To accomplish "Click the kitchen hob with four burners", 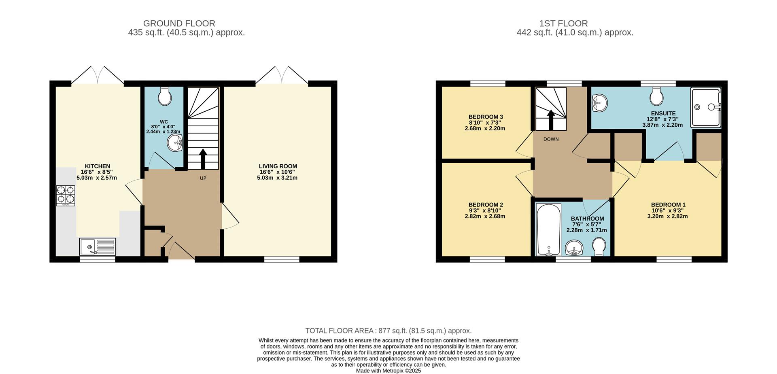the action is [x=66, y=195].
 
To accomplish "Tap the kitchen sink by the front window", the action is [x=97, y=246].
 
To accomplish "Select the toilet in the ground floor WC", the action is [x=165, y=96].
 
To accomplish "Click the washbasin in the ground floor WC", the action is [x=175, y=143].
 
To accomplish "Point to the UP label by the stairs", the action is [x=203, y=178].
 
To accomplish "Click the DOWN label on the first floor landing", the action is [x=551, y=139].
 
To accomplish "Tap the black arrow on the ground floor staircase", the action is [x=203, y=159].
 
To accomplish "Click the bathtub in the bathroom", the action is [x=548, y=229].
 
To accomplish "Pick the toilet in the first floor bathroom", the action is [x=599, y=246].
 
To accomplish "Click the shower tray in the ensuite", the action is [x=706, y=107].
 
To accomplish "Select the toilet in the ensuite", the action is [x=656, y=96].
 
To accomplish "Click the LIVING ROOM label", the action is [x=278, y=166].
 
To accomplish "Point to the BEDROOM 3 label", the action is [x=486, y=117].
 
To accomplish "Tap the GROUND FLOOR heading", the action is [x=179, y=23].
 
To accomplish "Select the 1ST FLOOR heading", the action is [x=563, y=23].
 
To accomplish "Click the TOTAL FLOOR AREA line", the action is [x=388, y=331].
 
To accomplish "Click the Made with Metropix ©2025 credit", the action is [x=388, y=371].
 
